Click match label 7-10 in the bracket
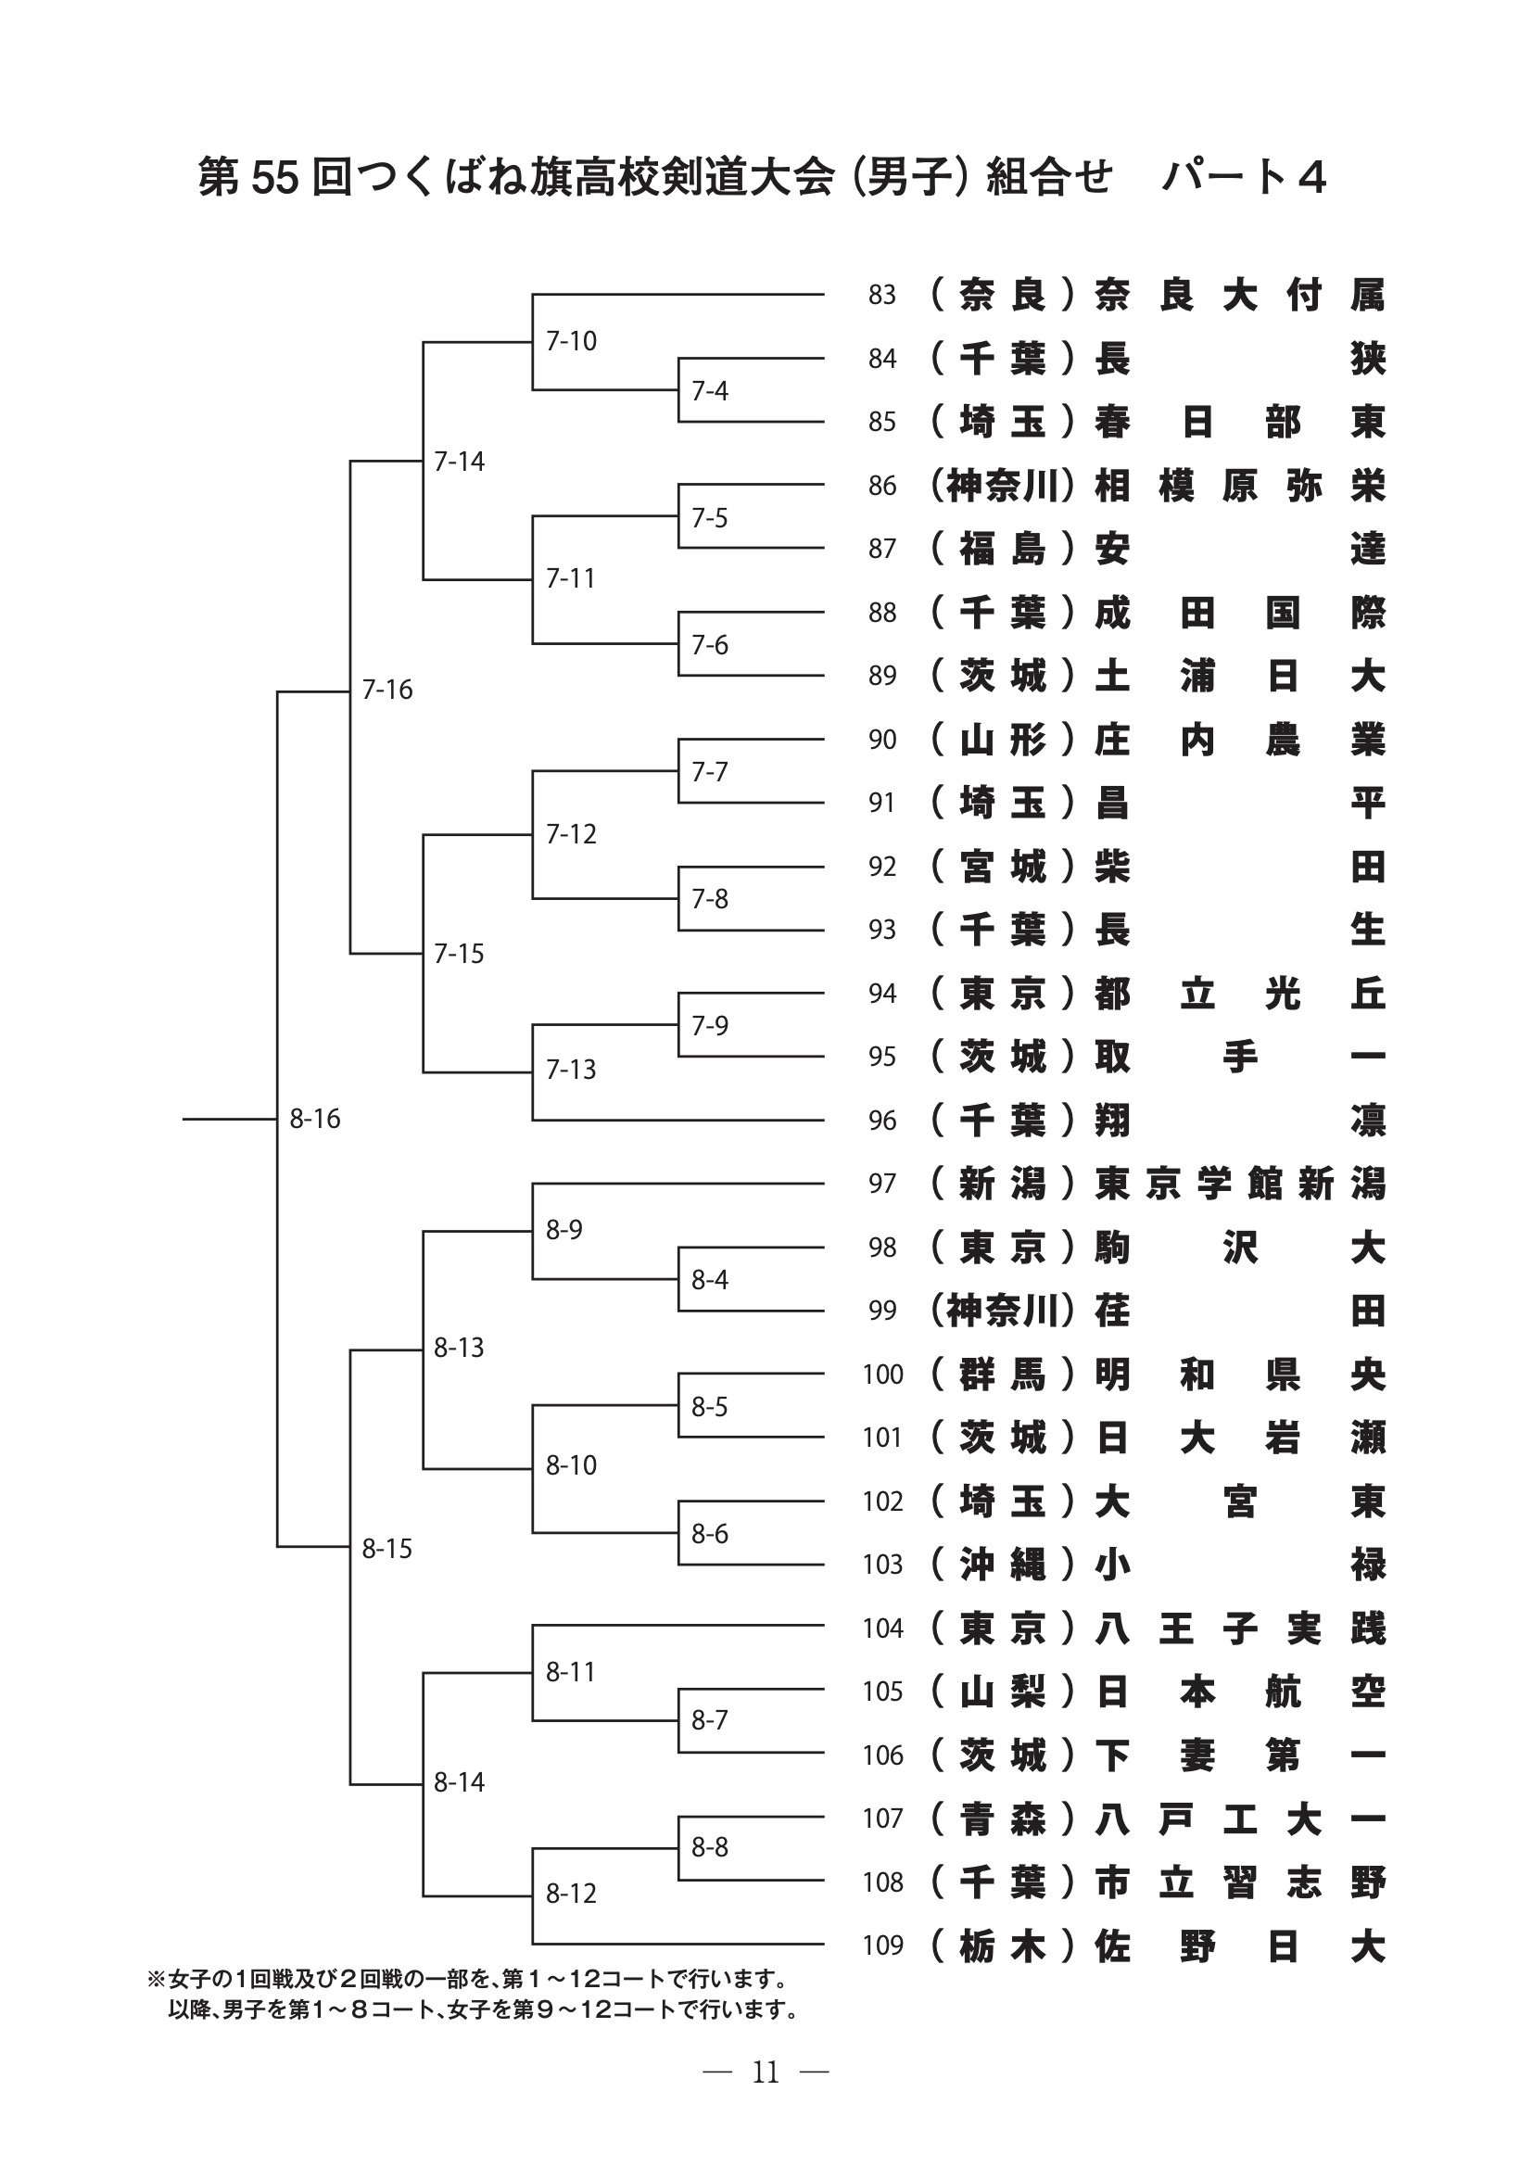tap(571, 341)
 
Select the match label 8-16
tap(314, 1119)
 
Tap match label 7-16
tap(387, 690)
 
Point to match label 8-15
tap(387, 1549)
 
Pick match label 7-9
tap(709, 1025)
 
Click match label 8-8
tap(709, 1846)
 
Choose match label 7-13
tap(571, 1070)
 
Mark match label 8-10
tap(571, 1464)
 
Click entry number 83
tap(881, 296)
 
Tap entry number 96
tap(881, 1121)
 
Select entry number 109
tap(882, 1945)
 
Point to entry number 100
tap(882, 1375)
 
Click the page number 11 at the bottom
tap(766, 2072)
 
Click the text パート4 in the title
tap(1243, 177)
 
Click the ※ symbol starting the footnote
tap(156, 1978)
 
